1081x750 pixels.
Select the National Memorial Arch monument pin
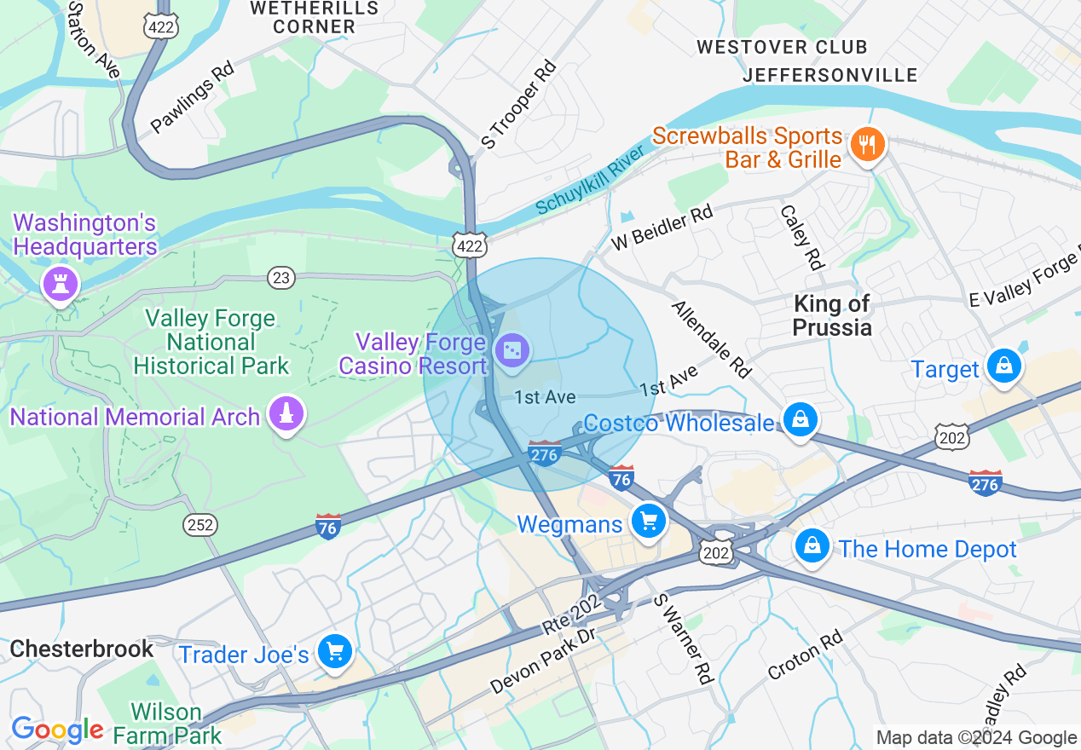point(286,414)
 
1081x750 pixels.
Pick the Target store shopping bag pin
point(1004,366)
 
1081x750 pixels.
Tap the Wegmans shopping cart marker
point(649,520)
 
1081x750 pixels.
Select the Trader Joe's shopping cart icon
point(334,652)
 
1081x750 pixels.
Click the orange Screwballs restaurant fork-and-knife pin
point(867,144)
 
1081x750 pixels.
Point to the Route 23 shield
point(281,277)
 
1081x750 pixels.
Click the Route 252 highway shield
point(200,525)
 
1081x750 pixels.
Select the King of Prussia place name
point(831,315)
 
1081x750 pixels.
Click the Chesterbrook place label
point(82,649)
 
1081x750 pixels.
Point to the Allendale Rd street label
point(712,339)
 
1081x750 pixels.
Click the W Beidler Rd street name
point(662,227)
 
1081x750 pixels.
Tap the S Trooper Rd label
point(519,104)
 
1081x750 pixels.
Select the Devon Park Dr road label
point(542,661)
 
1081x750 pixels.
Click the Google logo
point(56,730)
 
